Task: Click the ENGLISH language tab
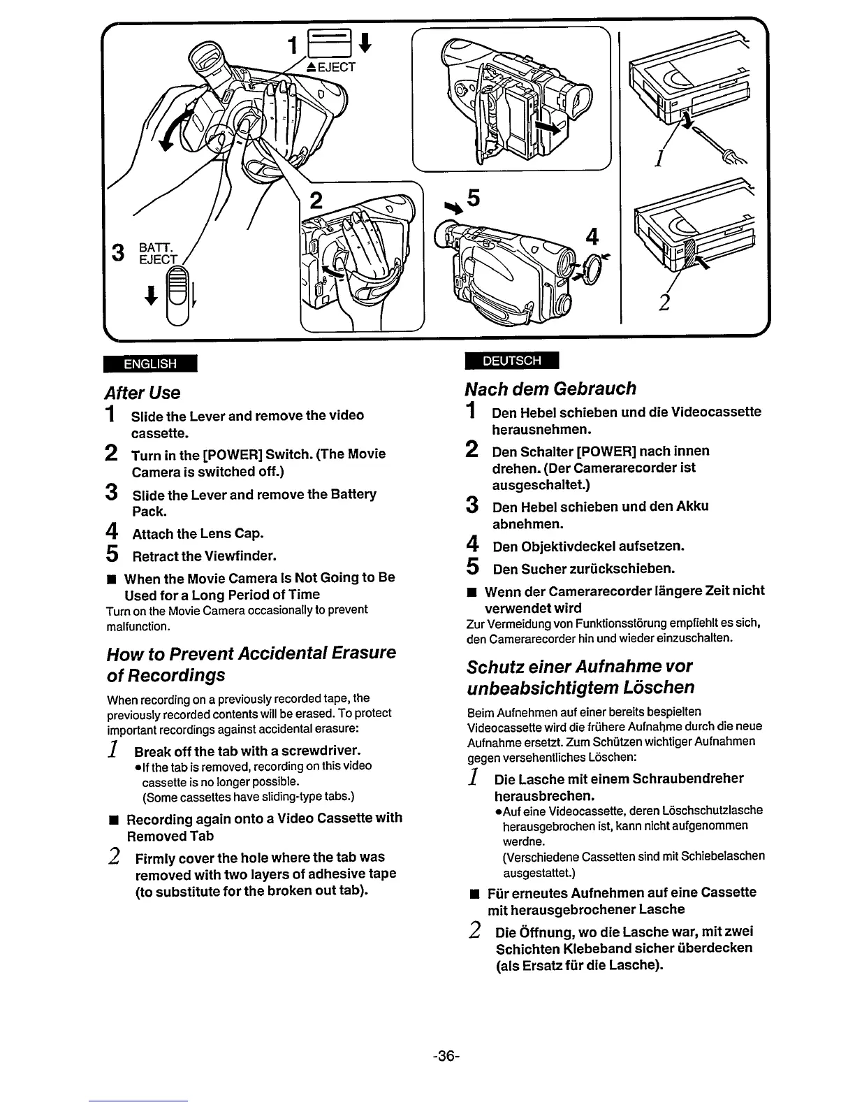coord(149,364)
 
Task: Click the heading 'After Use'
coord(142,393)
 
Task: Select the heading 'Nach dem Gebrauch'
coord(551,389)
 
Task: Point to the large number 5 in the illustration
coord(473,199)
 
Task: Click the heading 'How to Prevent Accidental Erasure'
coord(251,653)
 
